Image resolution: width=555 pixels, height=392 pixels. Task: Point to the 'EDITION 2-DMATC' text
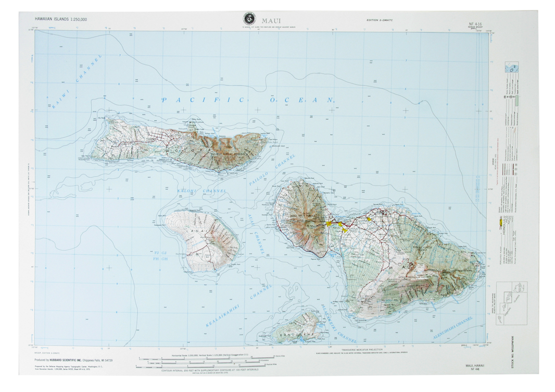[x=380, y=20]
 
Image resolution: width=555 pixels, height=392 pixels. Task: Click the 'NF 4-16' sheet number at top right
[x=475, y=24]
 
